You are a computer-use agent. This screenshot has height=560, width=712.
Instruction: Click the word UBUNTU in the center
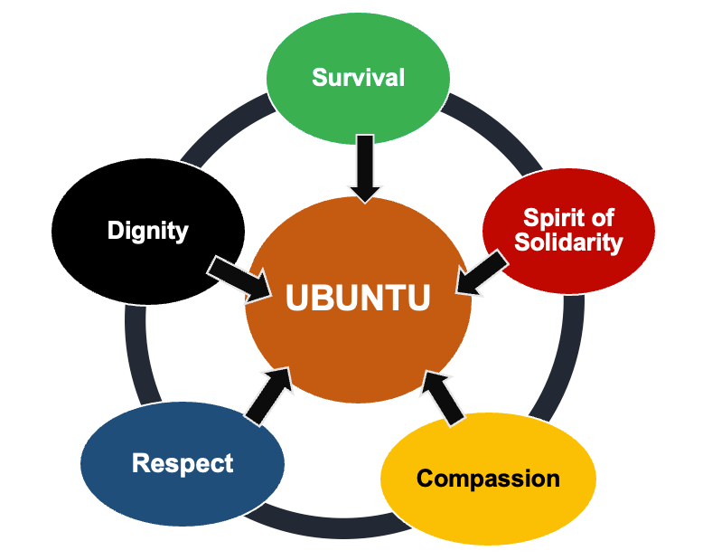click(358, 298)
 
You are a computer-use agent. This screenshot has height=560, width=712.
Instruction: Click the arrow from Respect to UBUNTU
click(269, 394)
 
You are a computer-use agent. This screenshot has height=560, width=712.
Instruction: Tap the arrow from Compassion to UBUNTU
click(444, 396)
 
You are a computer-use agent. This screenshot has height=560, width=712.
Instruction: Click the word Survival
click(358, 77)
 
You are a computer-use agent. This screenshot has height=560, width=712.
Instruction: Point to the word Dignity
click(147, 230)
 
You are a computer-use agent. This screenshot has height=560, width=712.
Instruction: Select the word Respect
click(183, 463)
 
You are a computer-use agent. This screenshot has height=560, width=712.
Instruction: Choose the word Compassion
click(488, 478)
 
